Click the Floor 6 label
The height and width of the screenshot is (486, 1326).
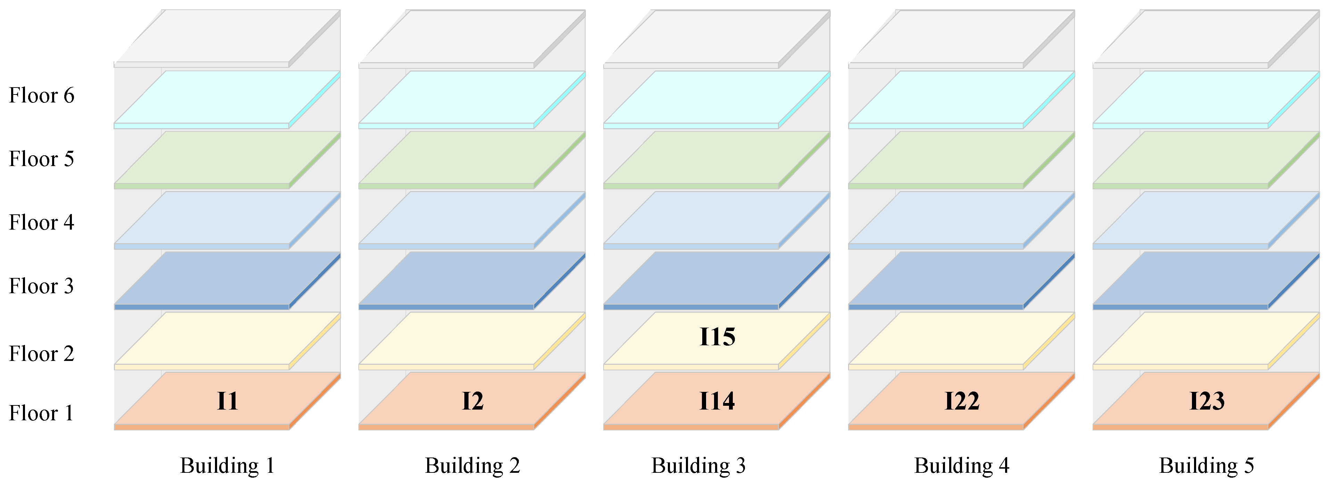41,96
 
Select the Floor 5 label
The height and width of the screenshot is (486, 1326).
41,159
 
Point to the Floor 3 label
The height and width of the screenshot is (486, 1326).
41,286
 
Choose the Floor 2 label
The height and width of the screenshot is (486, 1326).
41,354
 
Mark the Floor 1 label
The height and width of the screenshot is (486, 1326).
41,413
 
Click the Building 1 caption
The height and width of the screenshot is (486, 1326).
227,466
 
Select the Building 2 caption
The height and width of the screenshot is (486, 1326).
472,466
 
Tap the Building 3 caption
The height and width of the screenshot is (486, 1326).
698,466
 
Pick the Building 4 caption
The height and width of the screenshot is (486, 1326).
962,466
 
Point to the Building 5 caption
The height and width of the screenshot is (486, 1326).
1206,466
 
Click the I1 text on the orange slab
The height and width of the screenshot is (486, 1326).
227,401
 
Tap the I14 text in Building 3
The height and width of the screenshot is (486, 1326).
717,401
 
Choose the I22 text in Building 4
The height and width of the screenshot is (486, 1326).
962,401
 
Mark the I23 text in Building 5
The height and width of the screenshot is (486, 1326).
1207,401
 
